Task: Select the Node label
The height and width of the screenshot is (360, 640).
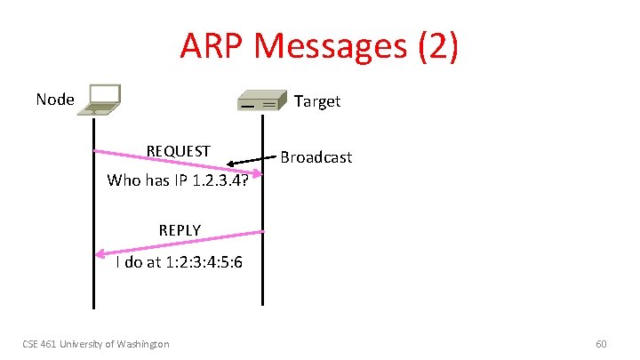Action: click(x=55, y=99)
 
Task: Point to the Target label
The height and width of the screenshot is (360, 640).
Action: click(x=317, y=100)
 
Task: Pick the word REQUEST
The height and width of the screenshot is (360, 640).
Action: click(x=179, y=150)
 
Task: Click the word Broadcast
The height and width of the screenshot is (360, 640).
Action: click(x=316, y=157)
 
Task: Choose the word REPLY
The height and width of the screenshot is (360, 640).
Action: click(x=180, y=230)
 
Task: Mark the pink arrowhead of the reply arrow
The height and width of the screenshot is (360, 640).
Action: click(x=100, y=254)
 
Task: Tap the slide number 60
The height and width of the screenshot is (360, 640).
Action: click(x=601, y=343)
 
